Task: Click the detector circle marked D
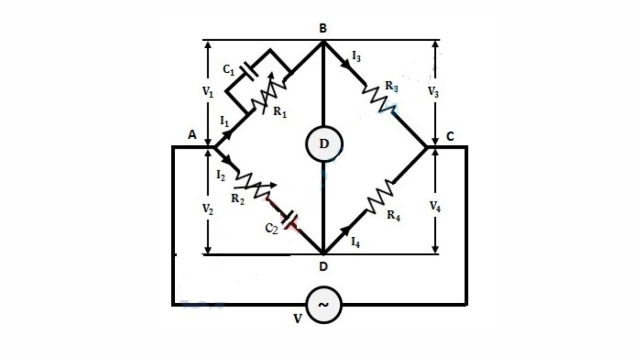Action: click(324, 144)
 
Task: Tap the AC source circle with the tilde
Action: click(324, 305)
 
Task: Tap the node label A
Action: click(192, 135)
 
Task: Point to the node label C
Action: click(450, 136)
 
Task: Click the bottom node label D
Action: click(323, 267)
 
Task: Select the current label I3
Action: click(357, 58)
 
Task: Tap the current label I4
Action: click(356, 243)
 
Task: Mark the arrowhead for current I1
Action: click(228, 135)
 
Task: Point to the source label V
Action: click(298, 319)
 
